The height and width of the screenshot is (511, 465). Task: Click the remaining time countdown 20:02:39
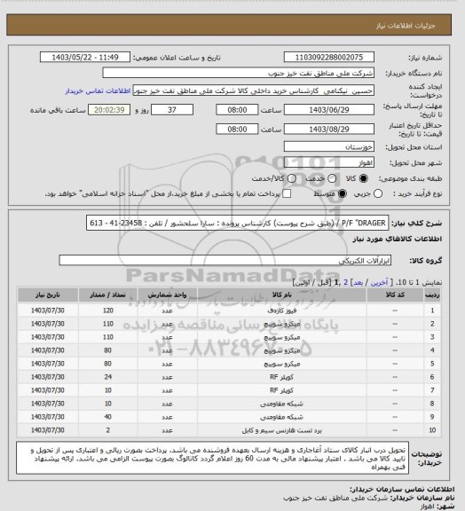pos(111,110)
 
